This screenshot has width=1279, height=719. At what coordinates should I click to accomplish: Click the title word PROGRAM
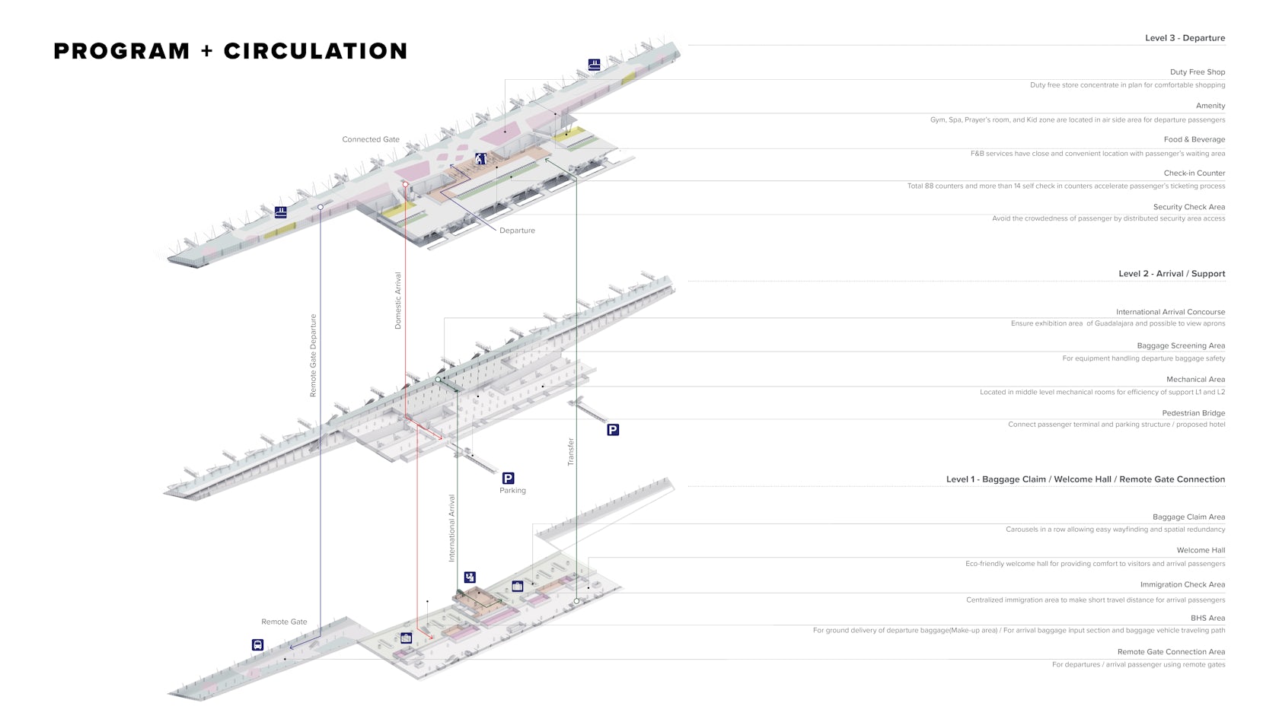tap(121, 51)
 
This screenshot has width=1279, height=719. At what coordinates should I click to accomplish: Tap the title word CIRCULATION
tap(315, 51)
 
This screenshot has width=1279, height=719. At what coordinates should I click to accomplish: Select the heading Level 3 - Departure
tap(1185, 38)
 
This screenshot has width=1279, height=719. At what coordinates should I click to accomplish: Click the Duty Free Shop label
tap(1197, 72)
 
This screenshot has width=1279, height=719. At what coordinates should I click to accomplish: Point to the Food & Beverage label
tap(1194, 139)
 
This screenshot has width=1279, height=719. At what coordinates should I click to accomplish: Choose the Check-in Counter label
tap(1194, 173)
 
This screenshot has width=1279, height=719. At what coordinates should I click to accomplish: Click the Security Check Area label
tap(1188, 207)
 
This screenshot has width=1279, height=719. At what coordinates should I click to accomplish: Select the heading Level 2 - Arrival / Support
tap(1171, 274)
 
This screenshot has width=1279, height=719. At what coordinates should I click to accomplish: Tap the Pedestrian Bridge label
tap(1193, 413)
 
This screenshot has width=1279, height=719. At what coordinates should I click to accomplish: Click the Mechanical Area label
tap(1195, 380)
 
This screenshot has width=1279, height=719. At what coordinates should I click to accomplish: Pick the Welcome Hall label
tap(1201, 550)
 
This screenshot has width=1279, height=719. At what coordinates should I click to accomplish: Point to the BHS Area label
tap(1207, 618)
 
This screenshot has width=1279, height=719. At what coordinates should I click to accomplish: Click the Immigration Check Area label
tap(1182, 584)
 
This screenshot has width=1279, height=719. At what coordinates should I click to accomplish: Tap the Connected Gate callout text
tap(371, 139)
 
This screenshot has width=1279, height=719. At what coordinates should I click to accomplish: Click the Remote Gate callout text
tap(284, 622)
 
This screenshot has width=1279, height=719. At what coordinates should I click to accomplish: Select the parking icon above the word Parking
tap(508, 478)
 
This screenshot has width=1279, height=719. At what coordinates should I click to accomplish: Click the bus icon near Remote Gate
tap(257, 645)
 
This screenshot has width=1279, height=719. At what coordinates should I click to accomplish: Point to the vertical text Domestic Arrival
tap(398, 301)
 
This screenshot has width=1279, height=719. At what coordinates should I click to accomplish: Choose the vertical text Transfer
tap(571, 452)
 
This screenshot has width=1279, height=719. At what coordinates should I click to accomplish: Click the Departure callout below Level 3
tap(517, 231)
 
